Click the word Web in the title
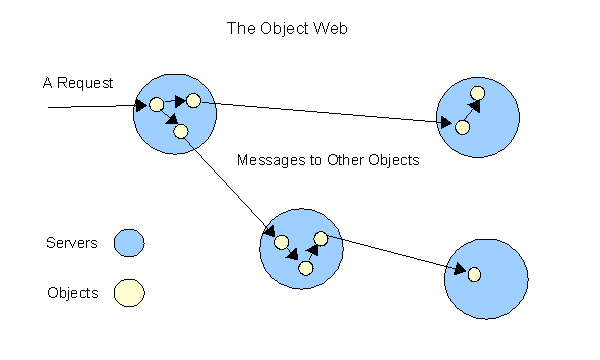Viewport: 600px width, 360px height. [x=329, y=29]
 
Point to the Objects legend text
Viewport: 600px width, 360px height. [x=72, y=293]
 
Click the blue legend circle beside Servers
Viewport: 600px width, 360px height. [x=129, y=243]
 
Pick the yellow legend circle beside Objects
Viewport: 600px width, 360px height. [x=129, y=293]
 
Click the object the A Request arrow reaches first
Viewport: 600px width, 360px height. [x=156, y=104]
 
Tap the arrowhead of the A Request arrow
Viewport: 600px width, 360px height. [x=142, y=104]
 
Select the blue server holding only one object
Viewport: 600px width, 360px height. [x=486, y=278]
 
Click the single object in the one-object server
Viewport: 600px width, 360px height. [x=474, y=274]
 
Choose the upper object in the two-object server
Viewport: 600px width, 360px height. [x=477, y=94]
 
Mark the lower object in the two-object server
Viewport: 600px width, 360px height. [x=462, y=127]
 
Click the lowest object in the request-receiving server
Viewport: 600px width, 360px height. [x=180, y=131]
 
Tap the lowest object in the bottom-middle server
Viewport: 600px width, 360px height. [x=306, y=267]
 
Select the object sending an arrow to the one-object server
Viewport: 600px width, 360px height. [x=321, y=238]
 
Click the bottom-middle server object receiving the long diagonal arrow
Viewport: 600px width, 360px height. [x=281, y=242]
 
